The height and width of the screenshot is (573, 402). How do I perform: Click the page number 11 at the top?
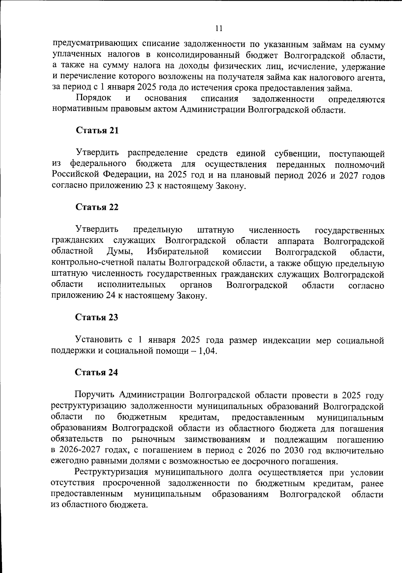pos(218,29)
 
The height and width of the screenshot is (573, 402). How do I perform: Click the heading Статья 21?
pos(97,130)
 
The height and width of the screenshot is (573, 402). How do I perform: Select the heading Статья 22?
pos(97,207)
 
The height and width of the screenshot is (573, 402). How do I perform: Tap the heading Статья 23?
pos(96,317)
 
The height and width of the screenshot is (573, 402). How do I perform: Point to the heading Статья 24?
pos(96,373)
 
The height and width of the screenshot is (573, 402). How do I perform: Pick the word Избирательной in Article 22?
pos(178,252)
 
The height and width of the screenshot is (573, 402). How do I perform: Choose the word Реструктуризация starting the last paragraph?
pos(111,472)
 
